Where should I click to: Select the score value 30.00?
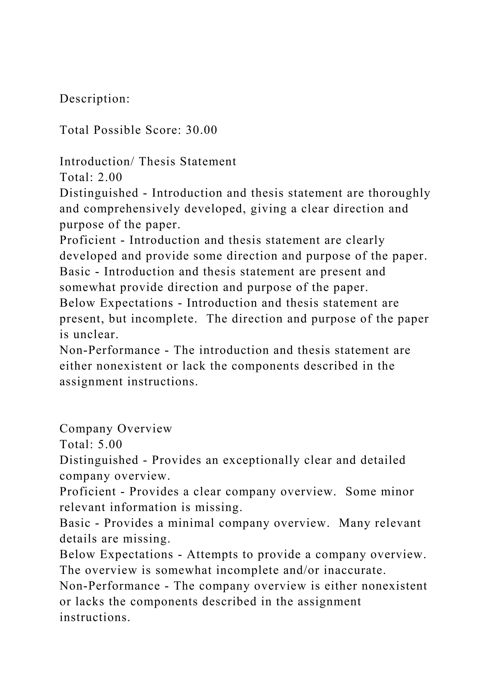click(x=202, y=130)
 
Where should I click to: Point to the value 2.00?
click(x=110, y=177)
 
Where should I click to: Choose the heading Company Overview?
click(x=116, y=429)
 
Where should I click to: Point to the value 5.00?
click(x=110, y=444)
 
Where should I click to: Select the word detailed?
click(x=383, y=460)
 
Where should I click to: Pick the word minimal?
click(x=191, y=523)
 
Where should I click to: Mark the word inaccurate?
click(x=355, y=570)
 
